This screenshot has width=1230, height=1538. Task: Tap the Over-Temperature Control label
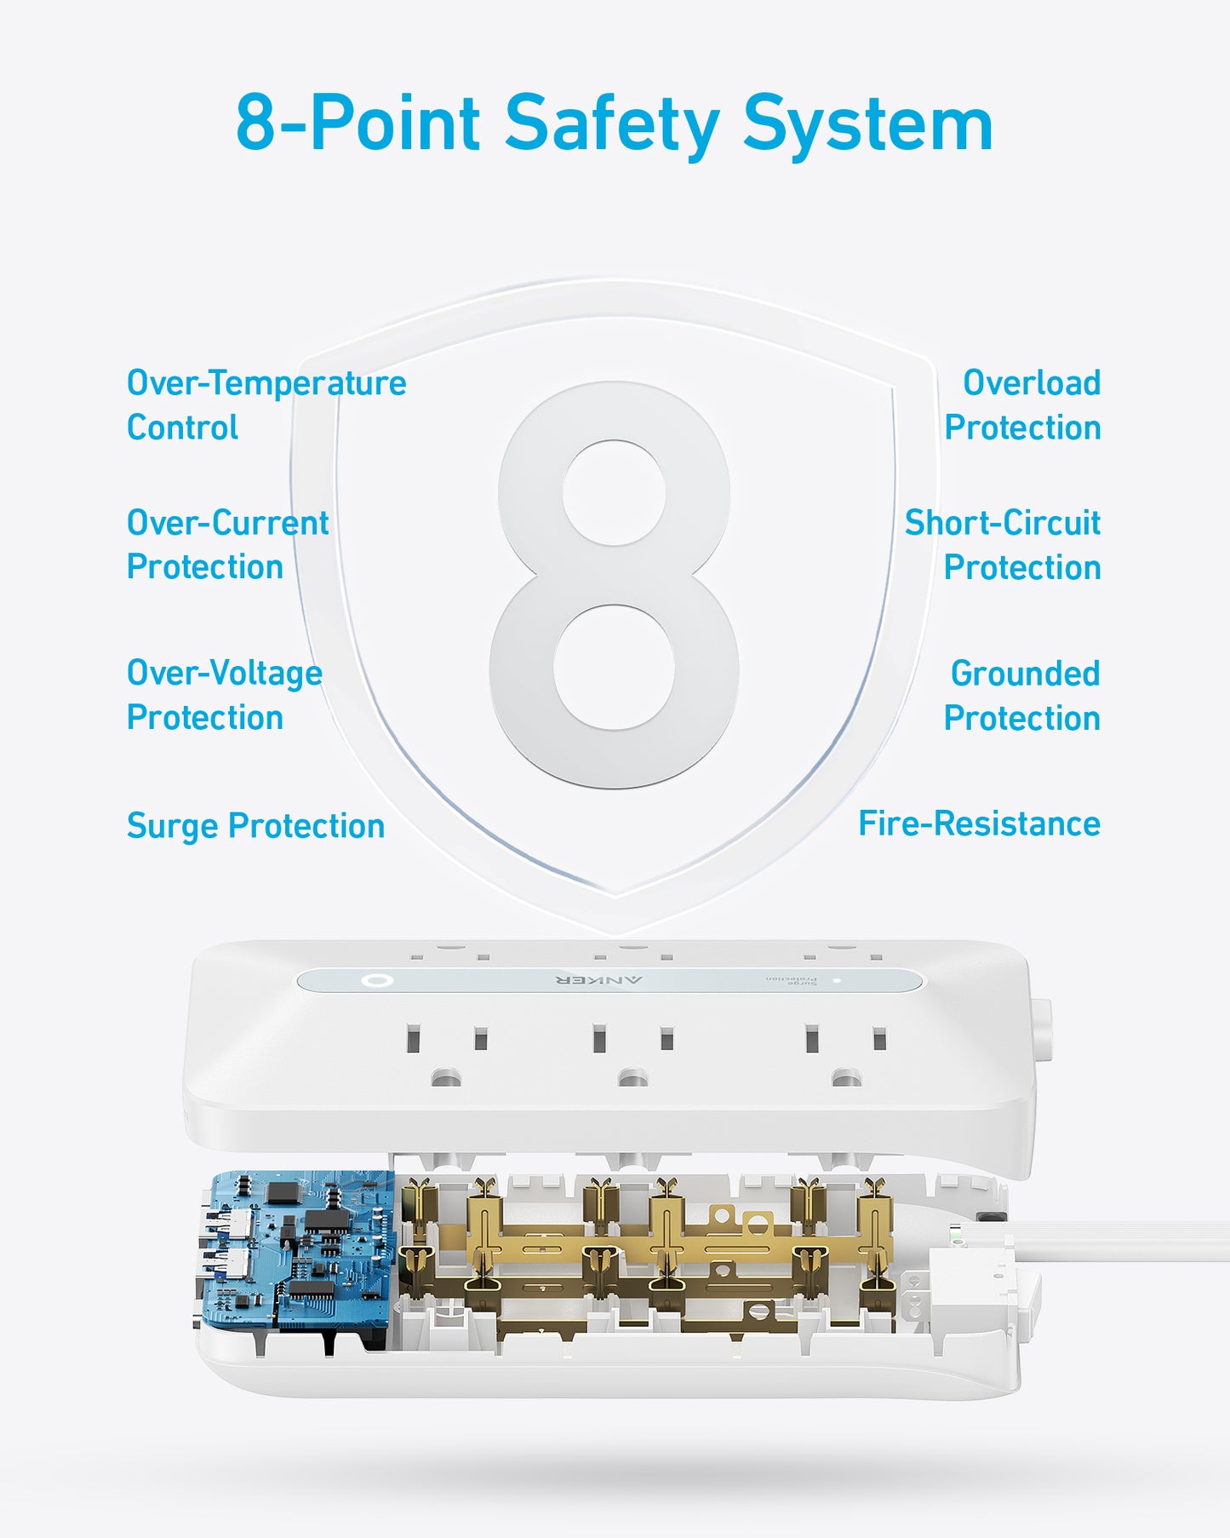point(266,405)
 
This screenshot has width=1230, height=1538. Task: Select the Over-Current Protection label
point(226,545)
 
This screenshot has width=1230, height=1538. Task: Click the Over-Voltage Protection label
point(224,695)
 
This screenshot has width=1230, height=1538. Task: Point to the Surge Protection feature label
point(255,826)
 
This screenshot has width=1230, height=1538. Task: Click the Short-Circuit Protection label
point(1003,545)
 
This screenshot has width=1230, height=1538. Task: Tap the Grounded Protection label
point(1021,696)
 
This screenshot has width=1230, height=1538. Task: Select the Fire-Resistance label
point(979,824)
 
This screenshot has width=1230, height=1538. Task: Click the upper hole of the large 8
point(614,493)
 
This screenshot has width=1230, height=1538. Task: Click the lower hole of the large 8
point(614,667)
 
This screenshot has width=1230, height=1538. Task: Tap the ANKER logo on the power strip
point(599,980)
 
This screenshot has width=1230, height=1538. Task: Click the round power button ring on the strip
point(375,980)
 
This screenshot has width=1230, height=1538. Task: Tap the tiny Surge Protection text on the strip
point(791,979)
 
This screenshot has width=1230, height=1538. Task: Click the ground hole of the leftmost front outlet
point(445,1079)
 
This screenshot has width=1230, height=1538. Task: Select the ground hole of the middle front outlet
point(632,1079)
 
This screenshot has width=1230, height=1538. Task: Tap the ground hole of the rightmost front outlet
point(845,1079)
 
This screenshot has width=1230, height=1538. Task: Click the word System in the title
point(867,125)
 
